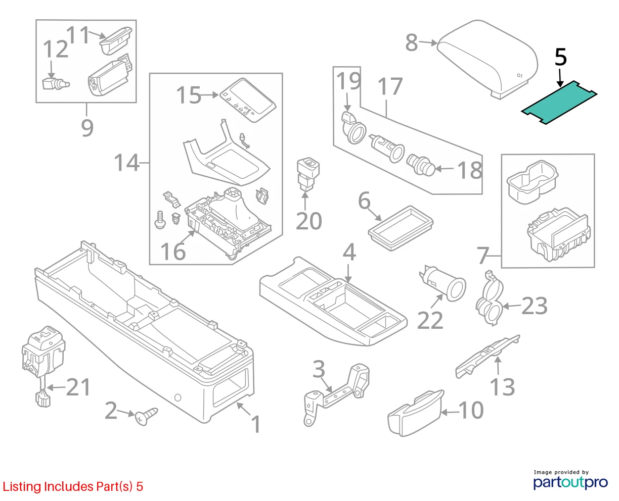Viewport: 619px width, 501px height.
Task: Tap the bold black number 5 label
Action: point(560,57)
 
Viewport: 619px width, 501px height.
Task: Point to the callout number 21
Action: point(78,387)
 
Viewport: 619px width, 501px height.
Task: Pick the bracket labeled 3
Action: point(337,393)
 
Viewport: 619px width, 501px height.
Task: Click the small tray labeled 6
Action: point(401,228)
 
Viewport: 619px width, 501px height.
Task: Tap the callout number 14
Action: point(127,163)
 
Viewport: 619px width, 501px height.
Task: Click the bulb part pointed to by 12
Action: point(56,84)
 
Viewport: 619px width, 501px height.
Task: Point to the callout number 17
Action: point(390,86)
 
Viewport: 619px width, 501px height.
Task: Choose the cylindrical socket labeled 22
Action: point(443,283)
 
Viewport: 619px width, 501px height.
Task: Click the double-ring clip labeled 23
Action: point(490,298)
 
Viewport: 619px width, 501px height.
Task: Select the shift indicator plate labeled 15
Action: point(248,100)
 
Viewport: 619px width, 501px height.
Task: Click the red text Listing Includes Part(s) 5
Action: point(73,486)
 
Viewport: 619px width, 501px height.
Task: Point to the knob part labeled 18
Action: point(421,165)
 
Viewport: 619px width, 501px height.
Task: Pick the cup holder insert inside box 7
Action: point(533,182)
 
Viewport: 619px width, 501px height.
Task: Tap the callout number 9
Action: point(87,128)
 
